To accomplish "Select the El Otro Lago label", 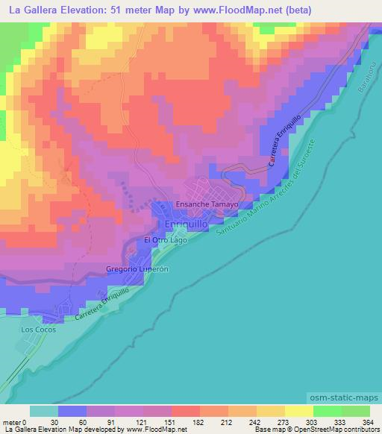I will tap(165, 241).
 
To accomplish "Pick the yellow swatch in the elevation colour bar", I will tap(298, 411).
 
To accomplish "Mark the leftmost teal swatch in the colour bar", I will tap(43, 411).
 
